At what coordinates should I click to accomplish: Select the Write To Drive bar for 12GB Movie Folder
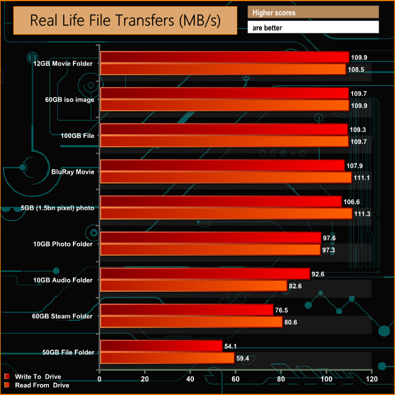[x=224, y=57]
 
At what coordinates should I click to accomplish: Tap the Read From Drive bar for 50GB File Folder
[x=167, y=359]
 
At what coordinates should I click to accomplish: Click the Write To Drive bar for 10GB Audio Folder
[x=205, y=274]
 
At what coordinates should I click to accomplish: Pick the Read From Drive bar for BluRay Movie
[x=225, y=177]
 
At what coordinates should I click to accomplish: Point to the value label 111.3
[x=362, y=214]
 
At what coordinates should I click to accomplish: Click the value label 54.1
[x=232, y=346]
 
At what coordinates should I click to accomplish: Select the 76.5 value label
[x=283, y=310]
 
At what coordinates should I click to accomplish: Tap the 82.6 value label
[x=295, y=286]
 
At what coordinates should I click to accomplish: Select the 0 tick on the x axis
[x=100, y=380]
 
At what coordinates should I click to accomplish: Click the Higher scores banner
[x=312, y=12]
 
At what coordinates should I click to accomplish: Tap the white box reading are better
[x=312, y=27]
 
